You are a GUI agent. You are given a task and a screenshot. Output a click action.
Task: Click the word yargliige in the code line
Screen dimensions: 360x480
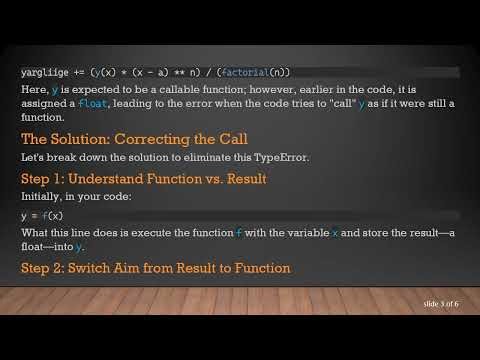(43, 72)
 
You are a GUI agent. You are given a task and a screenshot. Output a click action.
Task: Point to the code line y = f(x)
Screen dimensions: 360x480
(42, 215)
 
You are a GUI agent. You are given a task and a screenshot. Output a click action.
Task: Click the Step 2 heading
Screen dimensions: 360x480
(156, 268)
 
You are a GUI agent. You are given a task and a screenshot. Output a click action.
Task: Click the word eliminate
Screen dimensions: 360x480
(225, 158)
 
